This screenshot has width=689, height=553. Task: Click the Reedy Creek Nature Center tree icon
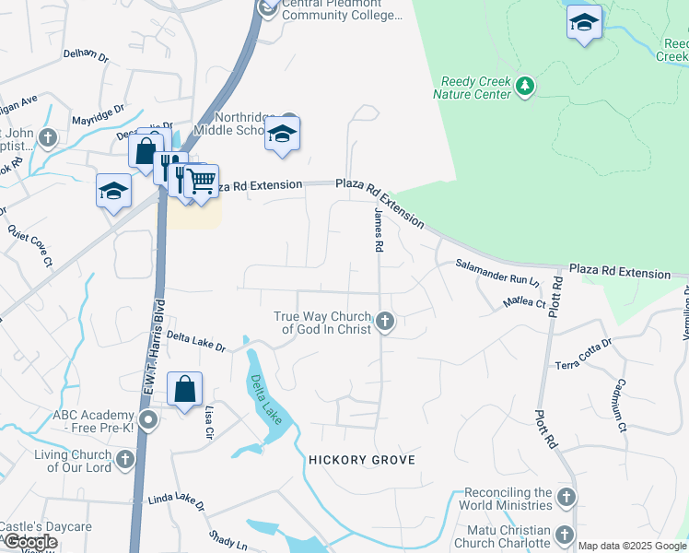pyautogui.click(x=525, y=86)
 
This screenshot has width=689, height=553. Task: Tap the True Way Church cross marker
pyautogui.click(x=386, y=322)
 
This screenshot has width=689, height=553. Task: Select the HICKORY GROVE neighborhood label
pyautogui.click(x=362, y=459)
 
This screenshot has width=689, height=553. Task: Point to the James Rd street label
pyautogui.click(x=377, y=230)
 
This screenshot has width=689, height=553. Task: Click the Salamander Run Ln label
pyautogui.click(x=496, y=271)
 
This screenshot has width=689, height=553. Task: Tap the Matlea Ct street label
pyautogui.click(x=524, y=301)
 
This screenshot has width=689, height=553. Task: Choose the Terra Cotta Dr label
pyautogui.click(x=584, y=356)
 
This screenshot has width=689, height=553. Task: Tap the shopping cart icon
pyautogui.click(x=202, y=182)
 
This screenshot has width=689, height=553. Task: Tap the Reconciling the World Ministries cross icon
pyautogui.click(x=566, y=498)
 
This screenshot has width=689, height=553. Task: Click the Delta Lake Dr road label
pyautogui.click(x=196, y=343)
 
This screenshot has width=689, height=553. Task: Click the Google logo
pyautogui.click(x=30, y=543)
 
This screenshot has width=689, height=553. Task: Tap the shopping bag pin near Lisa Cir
pyautogui.click(x=184, y=389)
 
